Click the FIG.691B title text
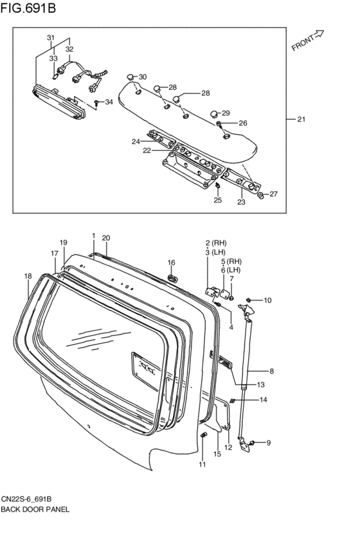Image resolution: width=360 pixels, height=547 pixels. (28, 7)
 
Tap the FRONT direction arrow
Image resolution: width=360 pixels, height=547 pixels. (319, 34)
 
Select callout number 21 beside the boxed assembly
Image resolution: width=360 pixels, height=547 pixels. (301, 120)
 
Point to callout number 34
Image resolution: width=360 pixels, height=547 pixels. (109, 102)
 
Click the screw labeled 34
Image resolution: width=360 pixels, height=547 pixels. (96, 103)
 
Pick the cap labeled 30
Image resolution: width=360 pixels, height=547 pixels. (130, 76)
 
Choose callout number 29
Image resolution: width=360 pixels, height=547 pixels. (226, 113)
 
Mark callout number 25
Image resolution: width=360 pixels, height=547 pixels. (218, 201)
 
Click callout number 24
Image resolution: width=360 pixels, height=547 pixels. (136, 141)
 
